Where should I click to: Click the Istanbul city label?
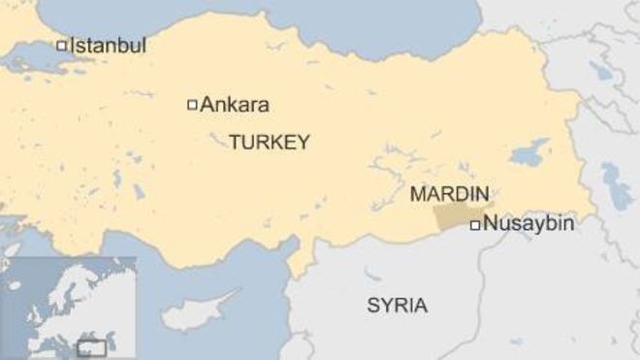[108, 45]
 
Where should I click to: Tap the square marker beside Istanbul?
[62, 45]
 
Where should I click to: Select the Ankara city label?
[235, 105]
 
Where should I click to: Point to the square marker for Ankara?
[192, 105]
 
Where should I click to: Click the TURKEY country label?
[270, 143]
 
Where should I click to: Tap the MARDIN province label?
[449, 194]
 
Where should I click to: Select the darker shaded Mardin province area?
[456, 217]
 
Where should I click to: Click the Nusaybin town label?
[528, 224]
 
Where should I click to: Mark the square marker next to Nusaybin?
[474, 225]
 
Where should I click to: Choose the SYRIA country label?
[397, 306]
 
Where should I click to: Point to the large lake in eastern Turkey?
[529, 152]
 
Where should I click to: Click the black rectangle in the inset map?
[92, 345]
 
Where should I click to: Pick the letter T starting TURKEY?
[234, 143]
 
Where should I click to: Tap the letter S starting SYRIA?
[372, 306]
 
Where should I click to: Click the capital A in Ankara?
[206, 105]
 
